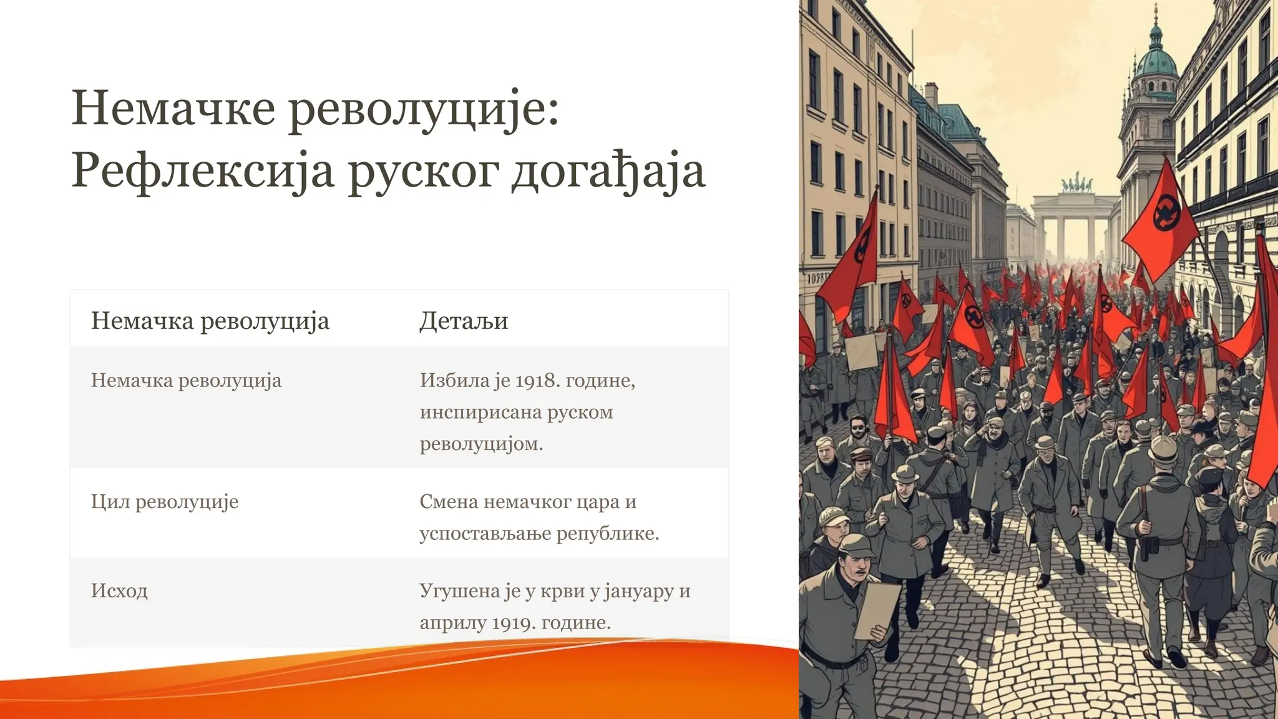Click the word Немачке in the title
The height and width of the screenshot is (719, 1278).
pos(173,108)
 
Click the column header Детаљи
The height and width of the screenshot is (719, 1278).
pos(464,321)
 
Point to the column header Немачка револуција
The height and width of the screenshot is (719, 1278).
pos(210,321)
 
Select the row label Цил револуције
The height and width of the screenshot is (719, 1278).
pos(165,502)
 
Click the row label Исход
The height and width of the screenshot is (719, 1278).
pos(119,590)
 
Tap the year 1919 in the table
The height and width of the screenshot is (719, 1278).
pos(514,622)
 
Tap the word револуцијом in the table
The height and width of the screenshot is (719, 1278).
pos(481,444)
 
